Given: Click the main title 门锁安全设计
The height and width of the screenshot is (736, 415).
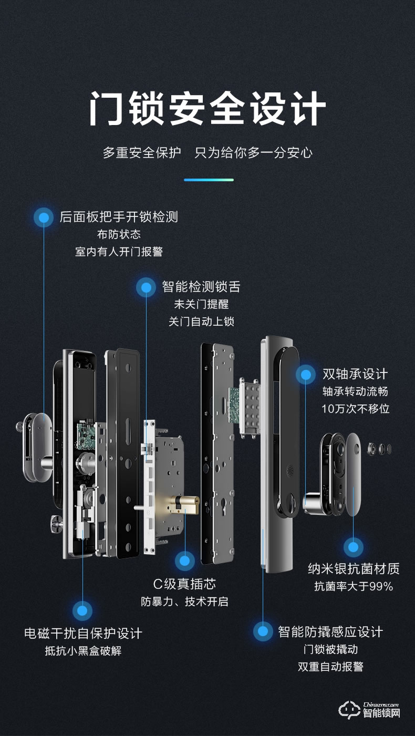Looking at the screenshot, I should pyautogui.click(x=207, y=109).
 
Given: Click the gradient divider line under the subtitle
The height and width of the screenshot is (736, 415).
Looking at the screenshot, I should pyautogui.click(x=209, y=180).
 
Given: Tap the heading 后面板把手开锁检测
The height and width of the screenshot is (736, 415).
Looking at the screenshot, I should pyautogui.click(x=119, y=217).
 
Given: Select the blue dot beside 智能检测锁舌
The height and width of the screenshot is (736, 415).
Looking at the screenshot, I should pyautogui.click(x=146, y=287).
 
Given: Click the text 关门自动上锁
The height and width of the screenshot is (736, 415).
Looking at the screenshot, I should pyautogui.click(x=201, y=322).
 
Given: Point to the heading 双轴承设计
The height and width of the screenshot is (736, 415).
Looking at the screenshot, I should pyautogui.click(x=355, y=374).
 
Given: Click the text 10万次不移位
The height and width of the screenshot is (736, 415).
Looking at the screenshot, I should pyautogui.click(x=356, y=409).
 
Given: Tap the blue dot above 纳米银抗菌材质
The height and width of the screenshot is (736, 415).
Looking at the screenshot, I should pyautogui.click(x=353, y=547).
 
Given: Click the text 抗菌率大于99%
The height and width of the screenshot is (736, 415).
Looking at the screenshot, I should pyautogui.click(x=354, y=586).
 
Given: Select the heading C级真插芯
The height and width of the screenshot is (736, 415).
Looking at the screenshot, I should pyautogui.click(x=184, y=584).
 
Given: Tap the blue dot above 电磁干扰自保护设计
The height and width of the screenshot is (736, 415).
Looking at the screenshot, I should pyautogui.click(x=82, y=610).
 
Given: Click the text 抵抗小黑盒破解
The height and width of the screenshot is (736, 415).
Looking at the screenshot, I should pyautogui.click(x=83, y=651).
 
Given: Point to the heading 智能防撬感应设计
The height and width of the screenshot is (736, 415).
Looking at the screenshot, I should pyautogui.click(x=330, y=631).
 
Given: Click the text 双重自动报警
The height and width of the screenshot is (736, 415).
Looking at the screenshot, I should pyautogui.click(x=330, y=667).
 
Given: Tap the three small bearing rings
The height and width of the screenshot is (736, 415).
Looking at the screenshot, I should pyautogui.click(x=381, y=449).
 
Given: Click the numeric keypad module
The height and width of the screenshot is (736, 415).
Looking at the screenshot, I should pyautogui.click(x=249, y=406).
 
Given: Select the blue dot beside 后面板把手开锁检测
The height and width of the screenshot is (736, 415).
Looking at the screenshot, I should pyautogui.click(x=44, y=217).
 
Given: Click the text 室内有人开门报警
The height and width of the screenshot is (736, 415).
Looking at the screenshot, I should pyautogui.click(x=119, y=252).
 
